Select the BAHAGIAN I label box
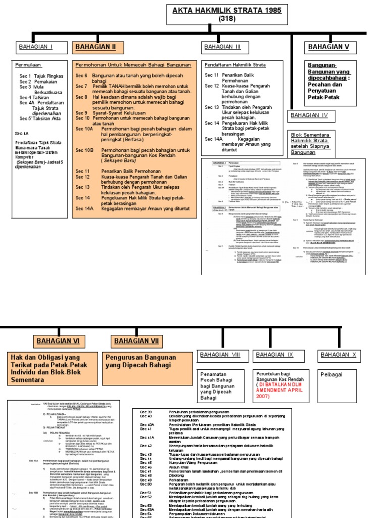pyautogui.click(x=36, y=47)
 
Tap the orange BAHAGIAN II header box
pyautogui.click(x=96, y=47)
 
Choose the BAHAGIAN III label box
pyautogui.click(x=223, y=47)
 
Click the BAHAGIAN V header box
pyautogui.click(x=329, y=47)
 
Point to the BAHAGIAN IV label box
pyautogui.click(x=309, y=115)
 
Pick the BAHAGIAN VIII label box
pyautogui.click(x=220, y=355)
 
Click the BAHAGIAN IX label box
pyautogui.click(x=274, y=355)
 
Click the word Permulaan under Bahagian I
pyautogui.click(x=28, y=65)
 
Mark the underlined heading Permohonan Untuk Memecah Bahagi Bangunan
pyautogui.click(x=133, y=65)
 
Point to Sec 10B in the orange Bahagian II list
pyautogui.click(x=84, y=150)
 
